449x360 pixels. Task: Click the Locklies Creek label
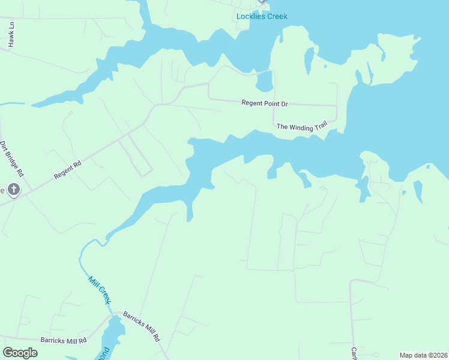(x=262, y=16)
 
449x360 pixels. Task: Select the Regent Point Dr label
(x=265, y=103)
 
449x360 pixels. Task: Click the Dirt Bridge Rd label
(x=11, y=159)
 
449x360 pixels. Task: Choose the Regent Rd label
(x=67, y=170)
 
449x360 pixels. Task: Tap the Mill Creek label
(x=100, y=290)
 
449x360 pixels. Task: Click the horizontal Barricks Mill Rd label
(x=64, y=340)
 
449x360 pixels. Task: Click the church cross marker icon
(x=13, y=190)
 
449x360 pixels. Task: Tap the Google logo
(x=20, y=353)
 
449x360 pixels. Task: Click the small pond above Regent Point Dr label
(x=264, y=81)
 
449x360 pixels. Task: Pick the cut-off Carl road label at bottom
(x=354, y=354)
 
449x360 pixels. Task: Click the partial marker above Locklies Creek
(x=261, y=1)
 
